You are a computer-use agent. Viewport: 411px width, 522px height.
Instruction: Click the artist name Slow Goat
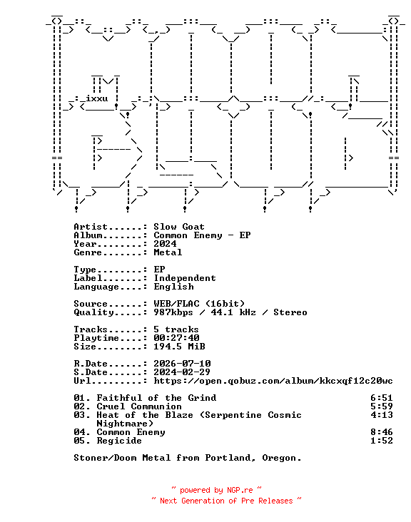pyautogui.click(x=179, y=227)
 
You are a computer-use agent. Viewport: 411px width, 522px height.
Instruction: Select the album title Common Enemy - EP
pyautogui.click(x=202, y=235)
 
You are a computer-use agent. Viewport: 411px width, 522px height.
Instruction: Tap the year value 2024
pyautogui.click(x=165, y=244)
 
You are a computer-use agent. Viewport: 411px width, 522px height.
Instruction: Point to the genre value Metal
pyautogui.click(x=168, y=252)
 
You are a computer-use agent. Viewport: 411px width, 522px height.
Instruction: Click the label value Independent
pyautogui.click(x=185, y=278)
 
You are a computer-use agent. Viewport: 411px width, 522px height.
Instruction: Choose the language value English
pyautogui.click(x=173, y=287)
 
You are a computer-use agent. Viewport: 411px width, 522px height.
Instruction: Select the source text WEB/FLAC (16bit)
pyautogui.click(x=199, y=304)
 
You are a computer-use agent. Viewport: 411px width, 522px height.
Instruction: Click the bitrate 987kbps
pyautogui.click(x=173, y=312)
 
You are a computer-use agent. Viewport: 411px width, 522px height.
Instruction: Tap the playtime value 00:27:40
pyautogui.click(x=176, y=338)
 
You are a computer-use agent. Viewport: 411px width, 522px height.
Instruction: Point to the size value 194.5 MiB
pyautogui.click(x=179, y=347)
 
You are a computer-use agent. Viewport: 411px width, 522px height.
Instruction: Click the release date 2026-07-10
pyautogui.click(x=182, y=364)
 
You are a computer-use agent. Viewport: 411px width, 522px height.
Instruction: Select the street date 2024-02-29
pyautogui.click(x=182, y=372)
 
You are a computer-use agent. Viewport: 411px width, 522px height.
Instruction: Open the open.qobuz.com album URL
pyautogui.click(x=273, y=381)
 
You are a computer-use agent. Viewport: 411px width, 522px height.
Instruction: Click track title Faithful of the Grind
pyautogui.click(x=156, y=398)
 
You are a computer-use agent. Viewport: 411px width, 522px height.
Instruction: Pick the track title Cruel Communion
pyautogui.click(x=139, y=406)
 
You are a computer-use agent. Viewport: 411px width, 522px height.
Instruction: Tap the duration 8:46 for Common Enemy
pyautogui.click(x=381, y=432)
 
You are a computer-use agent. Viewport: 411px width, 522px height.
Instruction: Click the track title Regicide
pyautogui.click(x=119, y=441)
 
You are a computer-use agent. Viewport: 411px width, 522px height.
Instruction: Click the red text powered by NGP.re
pyautogui.click(x=216, y=491)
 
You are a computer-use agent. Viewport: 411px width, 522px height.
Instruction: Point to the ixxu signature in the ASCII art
pyautogui.click(x=96, y=98)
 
